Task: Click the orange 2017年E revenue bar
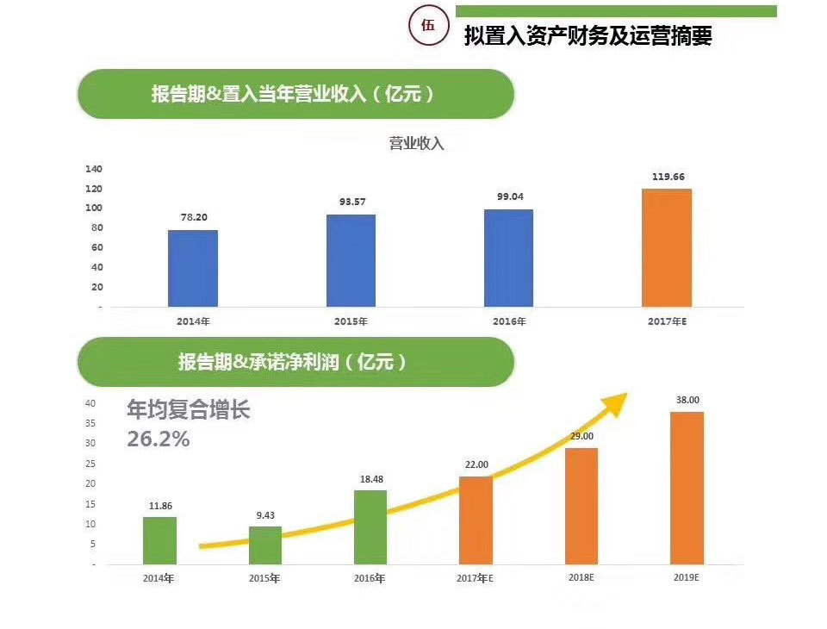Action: [667, 247]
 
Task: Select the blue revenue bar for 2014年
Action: [193, 268]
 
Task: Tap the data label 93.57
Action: [351, 202]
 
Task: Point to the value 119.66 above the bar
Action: [667, 177]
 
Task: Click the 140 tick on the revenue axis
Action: [94, 169]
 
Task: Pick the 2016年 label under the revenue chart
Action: [509, 321]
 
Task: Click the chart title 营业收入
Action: [416, 143]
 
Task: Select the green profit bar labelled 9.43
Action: [265, 545]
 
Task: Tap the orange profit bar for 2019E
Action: [687, 488]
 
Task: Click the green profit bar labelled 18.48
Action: [370, 526]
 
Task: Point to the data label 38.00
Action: [687, 400]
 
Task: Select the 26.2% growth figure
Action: [158, 439]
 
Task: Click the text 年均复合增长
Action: [188, 410]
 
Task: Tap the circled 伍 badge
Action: [428, 25]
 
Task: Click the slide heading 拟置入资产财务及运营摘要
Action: [588, 37]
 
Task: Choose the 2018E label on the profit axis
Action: [581, 577]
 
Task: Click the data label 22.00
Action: [476, 464]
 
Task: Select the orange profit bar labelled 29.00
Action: [581, 506]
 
